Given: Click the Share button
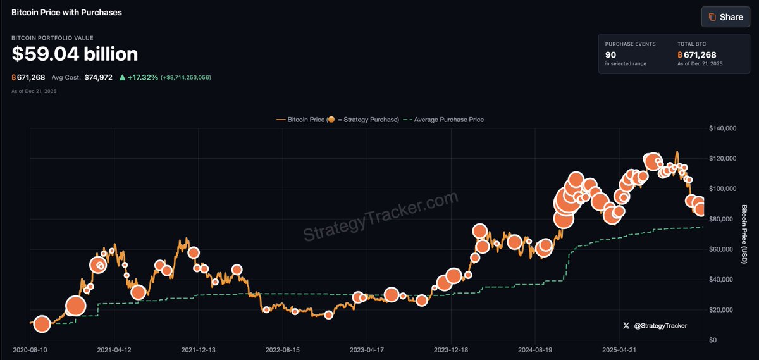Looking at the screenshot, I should pyautogui.click(x=725, y=17).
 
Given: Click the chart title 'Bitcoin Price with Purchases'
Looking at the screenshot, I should pyautogui.click(x=66, y=12).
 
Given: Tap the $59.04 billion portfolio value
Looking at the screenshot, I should pyautogui.click(x=75, y=54).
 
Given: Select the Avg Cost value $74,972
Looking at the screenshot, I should pyautogui.click(x=98, y=77).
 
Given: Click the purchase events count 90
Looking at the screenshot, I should pyautogui.click(x=610, y=54).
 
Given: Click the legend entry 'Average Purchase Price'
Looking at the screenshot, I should pyautogui.click(x=448, y=120).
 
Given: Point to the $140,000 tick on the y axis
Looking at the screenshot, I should pyautogui.click(x=723, y=128).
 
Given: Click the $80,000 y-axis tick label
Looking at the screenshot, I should pyautogui.click(x=725, y=220).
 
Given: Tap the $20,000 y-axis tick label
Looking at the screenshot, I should pyautogui.click(x=725, y=310).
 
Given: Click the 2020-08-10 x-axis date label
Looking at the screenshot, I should pyautogui.click(x=30, y=349).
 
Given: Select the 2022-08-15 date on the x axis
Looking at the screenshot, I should pyautogui.click(x=283, y=349).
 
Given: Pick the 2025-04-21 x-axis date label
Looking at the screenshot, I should pyautogui.click(x=619, y=349).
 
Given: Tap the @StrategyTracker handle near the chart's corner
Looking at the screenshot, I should pyautogui.click(x=660, y=326).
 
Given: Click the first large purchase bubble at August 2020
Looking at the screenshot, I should pyautogui.click(x=42, y=325).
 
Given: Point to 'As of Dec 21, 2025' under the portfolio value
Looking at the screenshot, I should pyautogui.click(x=34, y=92).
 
